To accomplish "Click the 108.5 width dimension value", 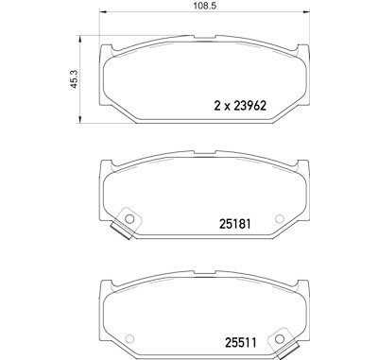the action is [205, 6].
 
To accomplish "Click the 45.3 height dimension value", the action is [75, 79].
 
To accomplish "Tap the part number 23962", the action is [250, 106].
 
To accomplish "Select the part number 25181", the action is [235, 224].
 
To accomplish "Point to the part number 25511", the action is [241, 342].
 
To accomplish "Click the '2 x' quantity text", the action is [222, 106].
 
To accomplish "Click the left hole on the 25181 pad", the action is [129, 218].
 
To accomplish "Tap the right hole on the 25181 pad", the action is [280, 218].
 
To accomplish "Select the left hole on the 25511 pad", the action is [129, 338].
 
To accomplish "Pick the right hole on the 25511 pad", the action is [279, 339].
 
